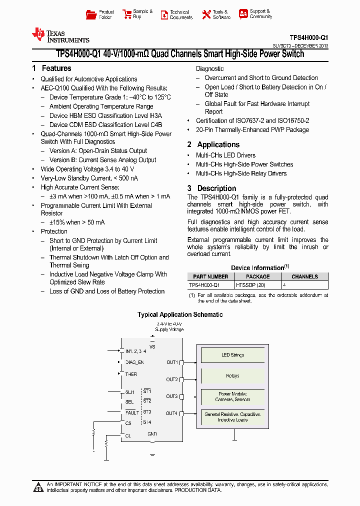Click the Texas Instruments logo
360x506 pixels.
pos(60,35)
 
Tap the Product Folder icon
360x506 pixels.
pos(91,14)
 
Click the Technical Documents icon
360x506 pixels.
pos(164,15)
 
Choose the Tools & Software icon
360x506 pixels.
pos(206,15)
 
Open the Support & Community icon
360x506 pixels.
pos(243,14)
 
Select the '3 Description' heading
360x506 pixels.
pos(212,188)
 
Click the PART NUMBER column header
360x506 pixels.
pos(210,276)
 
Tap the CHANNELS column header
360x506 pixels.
pos(304,276)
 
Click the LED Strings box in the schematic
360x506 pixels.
pos(232,355)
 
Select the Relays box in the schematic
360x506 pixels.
pos(232,376)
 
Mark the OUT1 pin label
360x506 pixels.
pos(172,362)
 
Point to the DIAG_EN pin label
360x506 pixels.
pos(134,362)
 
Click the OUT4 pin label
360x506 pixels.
pos(171,413)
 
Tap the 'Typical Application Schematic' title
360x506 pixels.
pos(180,314)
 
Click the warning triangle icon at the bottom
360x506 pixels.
pos(38,487)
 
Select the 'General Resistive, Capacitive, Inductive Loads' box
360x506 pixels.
pos(232,416)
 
